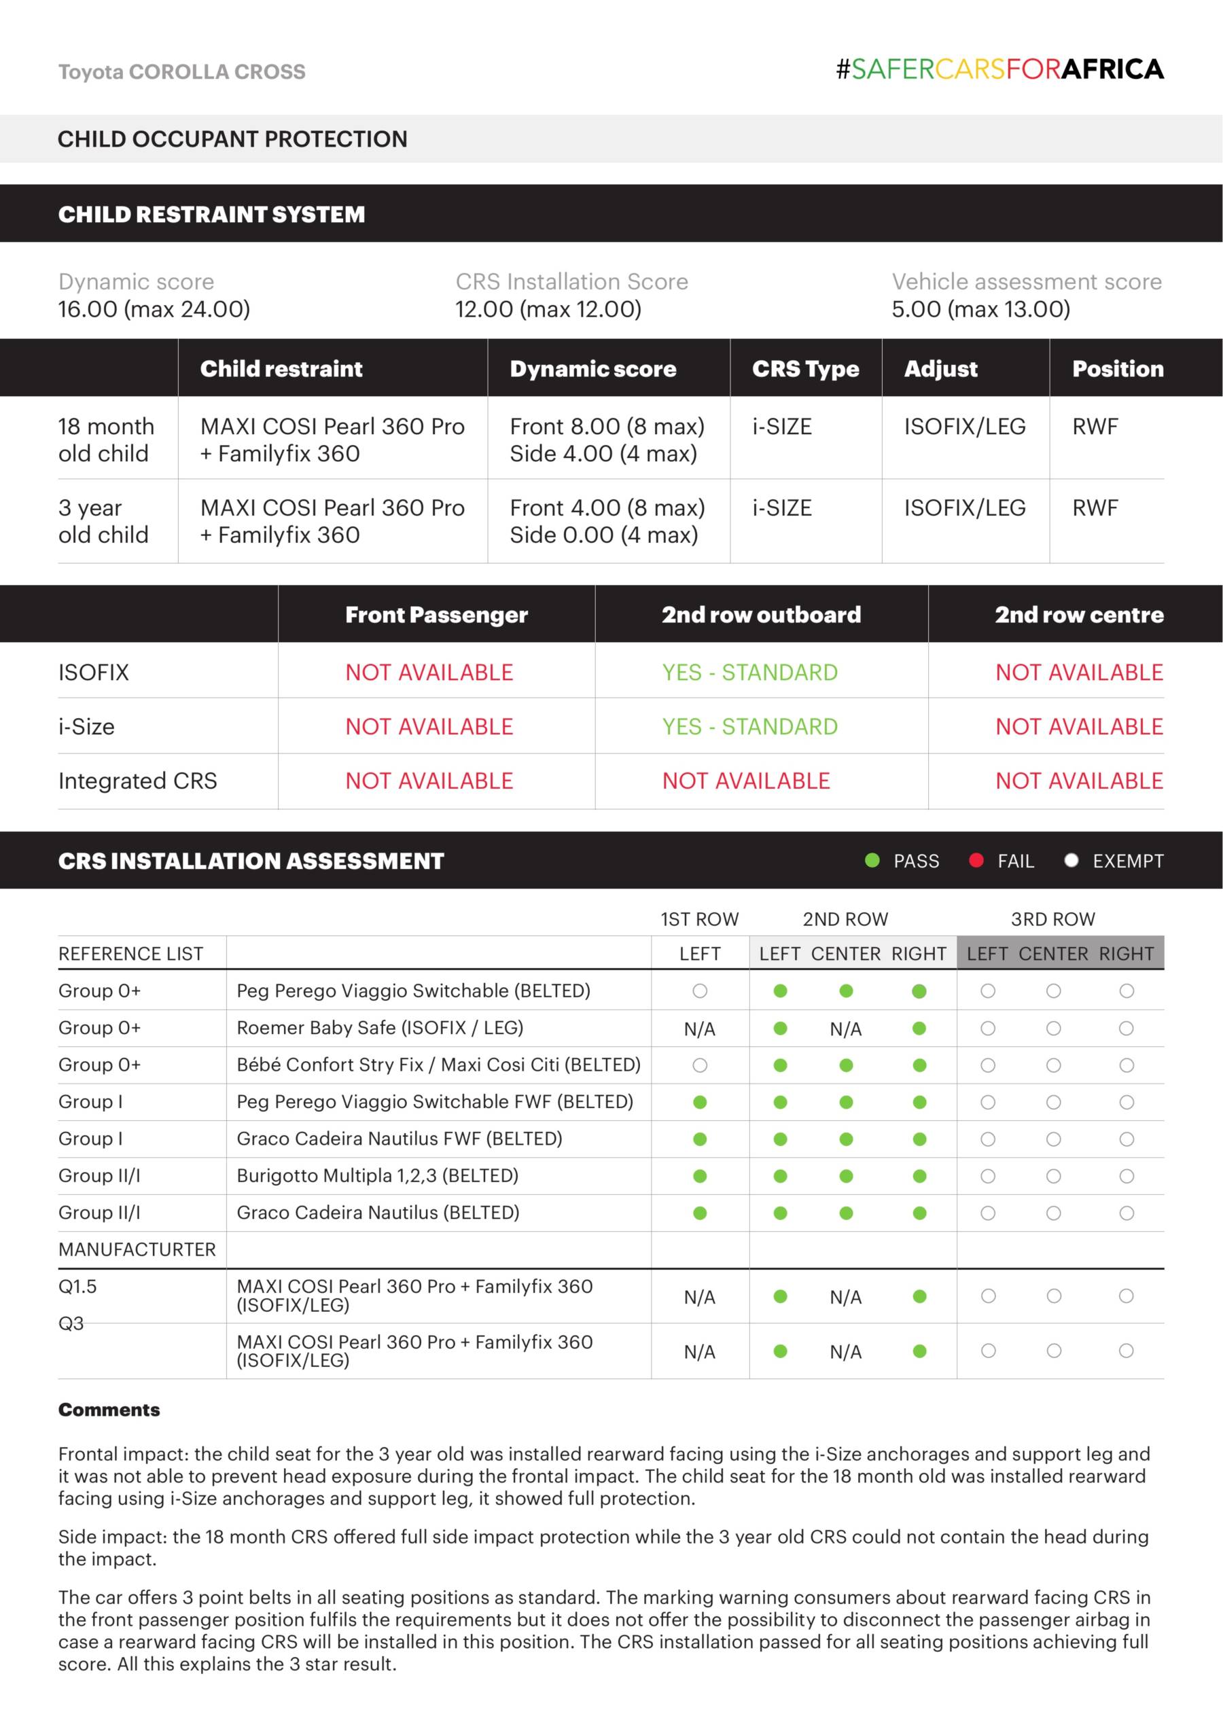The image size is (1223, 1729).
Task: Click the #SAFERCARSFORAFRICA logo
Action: [x=999, y=69]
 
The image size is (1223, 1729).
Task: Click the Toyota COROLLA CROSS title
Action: [x=181, y=72]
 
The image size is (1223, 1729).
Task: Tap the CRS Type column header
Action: [x=805, y=368]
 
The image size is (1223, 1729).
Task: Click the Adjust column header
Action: [x=940, y=368]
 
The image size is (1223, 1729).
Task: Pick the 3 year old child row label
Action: [x=103, y=521]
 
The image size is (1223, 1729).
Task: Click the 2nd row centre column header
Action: [x=1078, y=614]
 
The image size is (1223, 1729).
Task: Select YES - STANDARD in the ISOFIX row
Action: [x=749, y=672]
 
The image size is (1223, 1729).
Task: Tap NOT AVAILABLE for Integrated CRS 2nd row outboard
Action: [x=745, y=780]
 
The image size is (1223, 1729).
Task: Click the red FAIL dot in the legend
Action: [x=976, y=860]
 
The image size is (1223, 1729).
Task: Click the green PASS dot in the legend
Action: [x=872, y=860]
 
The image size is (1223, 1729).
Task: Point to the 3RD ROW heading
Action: [x=1053, y=919]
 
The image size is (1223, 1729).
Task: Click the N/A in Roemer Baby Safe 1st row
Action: [x=699, y=1029]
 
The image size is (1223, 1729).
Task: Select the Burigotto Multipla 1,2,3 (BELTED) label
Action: [x=377, y=1175]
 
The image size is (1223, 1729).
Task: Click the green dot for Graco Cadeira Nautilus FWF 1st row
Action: [x=700, y=1139]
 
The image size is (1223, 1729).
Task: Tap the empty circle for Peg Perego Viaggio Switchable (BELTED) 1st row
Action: [x=700, y=991]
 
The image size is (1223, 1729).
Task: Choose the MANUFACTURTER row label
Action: [x=137, y=1249]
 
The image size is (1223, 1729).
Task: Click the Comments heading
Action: [x=109, y=1410]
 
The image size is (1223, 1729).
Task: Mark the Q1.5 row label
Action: [x=77, y=1286]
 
